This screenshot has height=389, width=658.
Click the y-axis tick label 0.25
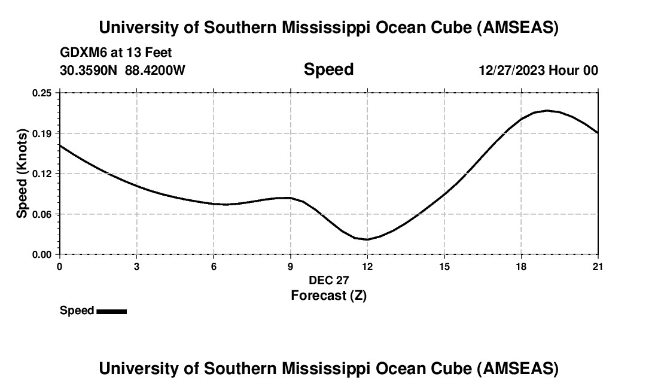click(x=42, y=93)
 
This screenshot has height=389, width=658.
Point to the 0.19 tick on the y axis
click(x=42, y=133)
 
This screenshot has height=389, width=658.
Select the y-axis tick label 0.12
click(x=42, y=174)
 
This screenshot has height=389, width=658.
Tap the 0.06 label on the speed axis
click(x=42, y=214)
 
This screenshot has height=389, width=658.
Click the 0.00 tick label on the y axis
click(x=42, y=254)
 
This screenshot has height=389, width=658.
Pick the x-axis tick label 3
click(x=137, y=266)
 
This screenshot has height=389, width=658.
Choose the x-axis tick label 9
click(x=291, y=266)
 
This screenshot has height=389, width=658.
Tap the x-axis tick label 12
click(x=367, y=266)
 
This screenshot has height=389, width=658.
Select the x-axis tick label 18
click(x=521, y=266)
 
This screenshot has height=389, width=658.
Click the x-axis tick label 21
click(x=598, y=266)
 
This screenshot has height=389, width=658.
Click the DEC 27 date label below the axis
click(x=328, y=280)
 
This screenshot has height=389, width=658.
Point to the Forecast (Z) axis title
click(x=328, y=295)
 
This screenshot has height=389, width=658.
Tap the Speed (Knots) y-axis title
click(x=22, y=174)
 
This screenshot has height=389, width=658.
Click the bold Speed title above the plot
click(x=328, y=69)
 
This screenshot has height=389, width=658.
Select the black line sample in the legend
click(x=111, y=311)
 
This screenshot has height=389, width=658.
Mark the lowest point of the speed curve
click(x=367, y=239)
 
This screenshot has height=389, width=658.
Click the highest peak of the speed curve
click(x=547, y=110)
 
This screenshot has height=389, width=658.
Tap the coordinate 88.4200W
click(x=155, y=71)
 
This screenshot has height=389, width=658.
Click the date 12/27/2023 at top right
click(x=511, y=71)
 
